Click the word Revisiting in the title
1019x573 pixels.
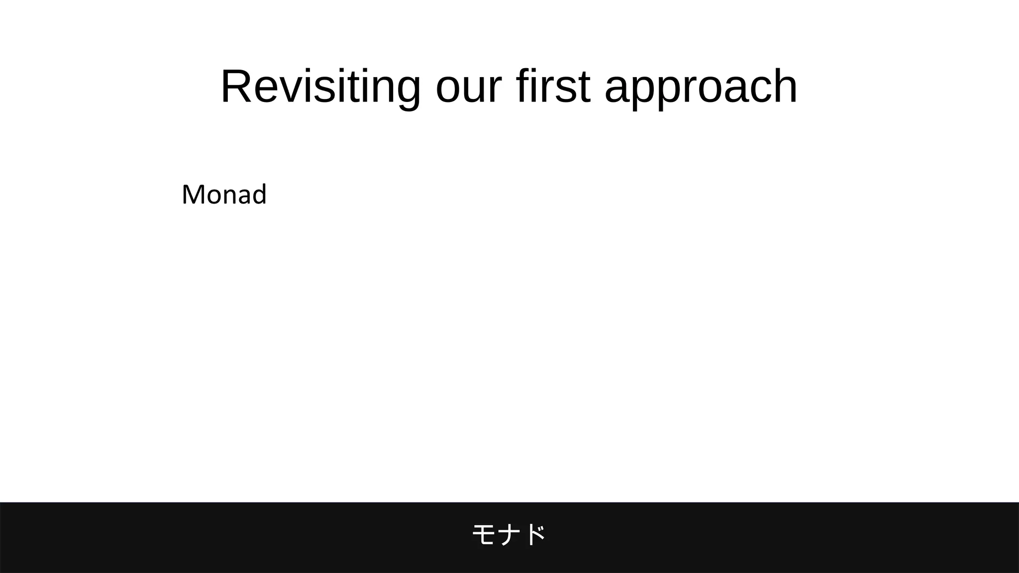coord(320,87)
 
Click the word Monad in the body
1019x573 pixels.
coord(224,194)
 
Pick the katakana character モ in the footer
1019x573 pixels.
coord(483,535)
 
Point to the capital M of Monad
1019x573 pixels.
coord(194,194)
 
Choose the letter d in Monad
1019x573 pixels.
coord(259,194)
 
